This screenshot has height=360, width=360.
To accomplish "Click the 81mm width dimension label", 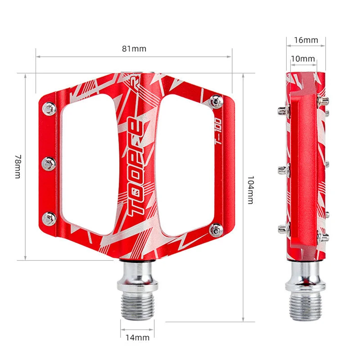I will (x=134, y=49).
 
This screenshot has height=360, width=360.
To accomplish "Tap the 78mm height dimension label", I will (x=17, y=166).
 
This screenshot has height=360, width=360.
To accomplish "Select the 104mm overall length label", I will (x=251, y=189).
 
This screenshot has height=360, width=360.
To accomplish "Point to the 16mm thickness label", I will (x=306, y=40).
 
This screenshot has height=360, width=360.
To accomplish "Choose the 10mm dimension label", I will (x=302, y=59).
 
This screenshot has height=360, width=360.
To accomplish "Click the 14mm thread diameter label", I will (x=137, y=337).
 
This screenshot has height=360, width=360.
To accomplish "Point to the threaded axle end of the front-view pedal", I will (x=137, y=306).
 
